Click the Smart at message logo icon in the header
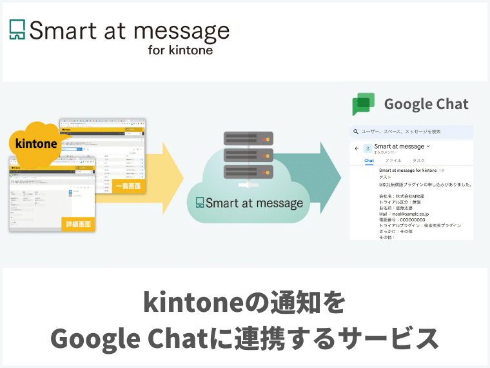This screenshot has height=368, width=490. [17, 30]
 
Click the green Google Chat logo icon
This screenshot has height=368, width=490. [363, 105]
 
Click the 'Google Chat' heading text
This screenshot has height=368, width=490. [426, 104]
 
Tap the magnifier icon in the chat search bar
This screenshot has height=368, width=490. [355, 132]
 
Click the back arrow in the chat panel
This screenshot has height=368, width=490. [357, 148]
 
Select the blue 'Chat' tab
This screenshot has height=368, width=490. [369, 161]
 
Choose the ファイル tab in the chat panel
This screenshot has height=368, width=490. [393, 161]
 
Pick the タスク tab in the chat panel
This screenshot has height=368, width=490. [419, 161]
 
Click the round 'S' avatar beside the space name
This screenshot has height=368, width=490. [367, 148]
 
